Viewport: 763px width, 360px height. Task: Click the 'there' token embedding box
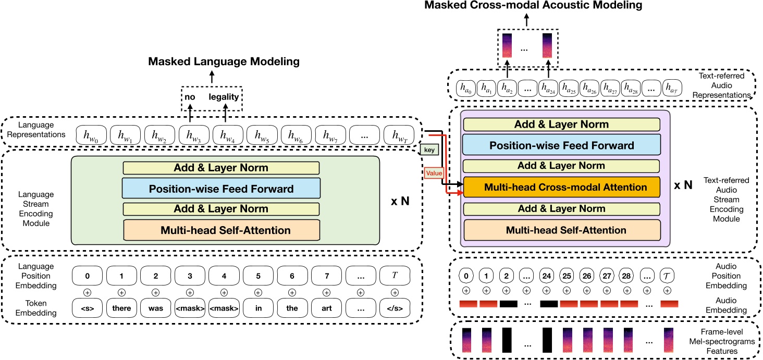point(121,308)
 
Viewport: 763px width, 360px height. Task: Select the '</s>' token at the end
point(395,308)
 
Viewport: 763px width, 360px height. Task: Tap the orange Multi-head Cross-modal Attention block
point(561,187)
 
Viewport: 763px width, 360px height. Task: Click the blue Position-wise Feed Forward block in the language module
point(220,189)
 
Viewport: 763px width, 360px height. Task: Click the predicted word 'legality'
point(224,97)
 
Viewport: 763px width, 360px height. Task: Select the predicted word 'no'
point(189,97)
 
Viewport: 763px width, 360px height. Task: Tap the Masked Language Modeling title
point(224,62)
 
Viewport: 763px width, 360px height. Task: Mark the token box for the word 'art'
point(326,308)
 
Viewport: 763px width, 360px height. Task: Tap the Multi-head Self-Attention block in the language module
point(220,229)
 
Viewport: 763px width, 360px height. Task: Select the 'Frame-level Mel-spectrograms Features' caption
point(725,342)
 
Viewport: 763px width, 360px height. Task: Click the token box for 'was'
point(155,308)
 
